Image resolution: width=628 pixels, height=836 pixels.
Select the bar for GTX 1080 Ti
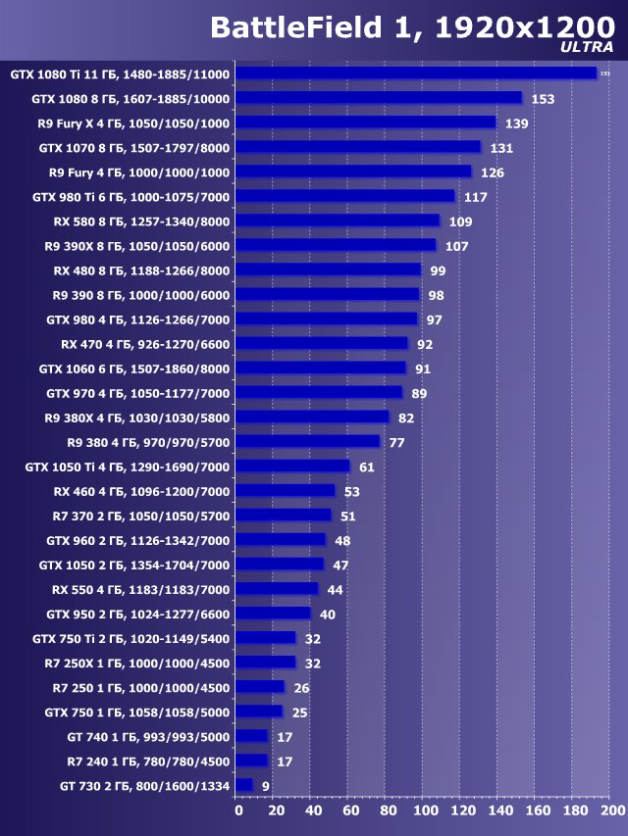(x=417, y=73)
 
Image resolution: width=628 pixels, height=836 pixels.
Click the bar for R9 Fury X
(x=366, y=123)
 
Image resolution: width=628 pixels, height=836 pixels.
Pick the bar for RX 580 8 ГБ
(x=339, y=221)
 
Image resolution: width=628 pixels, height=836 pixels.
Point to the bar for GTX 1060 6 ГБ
(x=321, y=368)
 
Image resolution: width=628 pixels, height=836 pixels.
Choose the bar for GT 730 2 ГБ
(x=244, y=785)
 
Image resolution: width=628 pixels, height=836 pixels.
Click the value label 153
(x=543, y=99)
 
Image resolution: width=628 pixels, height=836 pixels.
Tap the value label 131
(x=501, y=148)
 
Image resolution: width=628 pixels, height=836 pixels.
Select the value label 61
(x=366, y=467)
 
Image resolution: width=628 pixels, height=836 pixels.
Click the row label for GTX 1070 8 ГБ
(x=133, y=148)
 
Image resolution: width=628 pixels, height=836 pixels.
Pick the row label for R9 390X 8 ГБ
(x=136, y=246)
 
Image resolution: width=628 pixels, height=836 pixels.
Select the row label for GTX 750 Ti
(x=137, y=638)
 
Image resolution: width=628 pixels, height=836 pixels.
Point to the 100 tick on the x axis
(x=424, y=811)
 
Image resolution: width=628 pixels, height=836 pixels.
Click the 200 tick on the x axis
(x=611, y=811)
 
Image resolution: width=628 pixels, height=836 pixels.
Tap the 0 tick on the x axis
(x=237, y=811)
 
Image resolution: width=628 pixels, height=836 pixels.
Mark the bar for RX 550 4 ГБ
(x=278, y=589)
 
